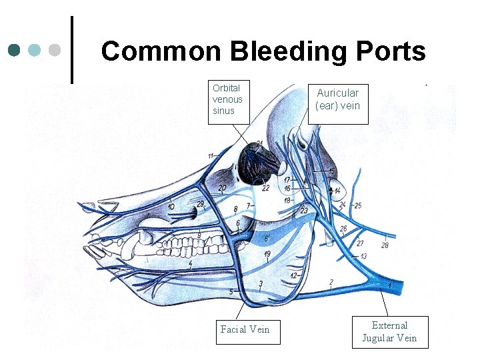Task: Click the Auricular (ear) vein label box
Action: [x=338, y=100]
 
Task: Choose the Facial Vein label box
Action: [x=245, y=329]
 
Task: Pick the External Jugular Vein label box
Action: [x=389, y=331]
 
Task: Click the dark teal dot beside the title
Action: [x=14, y=50]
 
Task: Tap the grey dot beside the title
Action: [x=56, y=50]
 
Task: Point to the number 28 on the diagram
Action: [x=384, y=246]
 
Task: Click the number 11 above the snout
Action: [x=211, y=156]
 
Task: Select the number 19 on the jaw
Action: [x=267, y=254]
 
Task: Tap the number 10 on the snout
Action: [x=171, y=207]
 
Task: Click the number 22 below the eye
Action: [x=265, y=188]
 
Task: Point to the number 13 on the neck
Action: [x=363, y=256]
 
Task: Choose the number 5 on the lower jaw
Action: [x=231, y=292]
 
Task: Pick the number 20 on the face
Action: [x=222, y=189]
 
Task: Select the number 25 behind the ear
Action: [x=358, y=205]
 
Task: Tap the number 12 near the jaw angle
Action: [x=293, y=276]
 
